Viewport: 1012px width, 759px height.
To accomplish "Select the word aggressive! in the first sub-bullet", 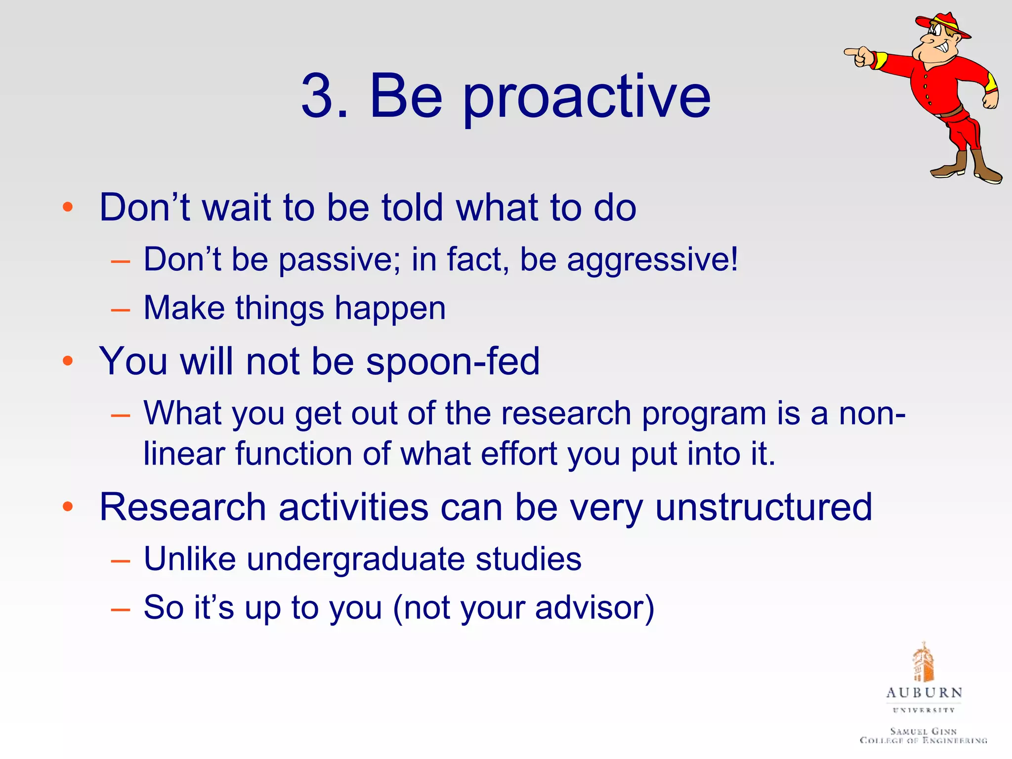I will [652, 259].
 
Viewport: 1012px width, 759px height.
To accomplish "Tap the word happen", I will [390, 308].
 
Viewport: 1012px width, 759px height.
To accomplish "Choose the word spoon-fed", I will [453, 361].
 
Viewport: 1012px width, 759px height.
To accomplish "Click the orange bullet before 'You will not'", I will [68, 361].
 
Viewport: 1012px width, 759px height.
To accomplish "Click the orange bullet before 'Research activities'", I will [68, 506].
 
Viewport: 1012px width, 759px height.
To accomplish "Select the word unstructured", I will [763, 507].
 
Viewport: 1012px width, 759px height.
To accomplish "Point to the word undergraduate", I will [356, 559].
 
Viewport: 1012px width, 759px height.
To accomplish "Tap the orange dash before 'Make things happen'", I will [121, 310].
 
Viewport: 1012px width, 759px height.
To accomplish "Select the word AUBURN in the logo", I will [924, 693].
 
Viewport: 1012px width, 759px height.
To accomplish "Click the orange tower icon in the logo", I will [923, 662].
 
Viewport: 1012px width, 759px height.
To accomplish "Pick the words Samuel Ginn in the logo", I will [923, 731].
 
